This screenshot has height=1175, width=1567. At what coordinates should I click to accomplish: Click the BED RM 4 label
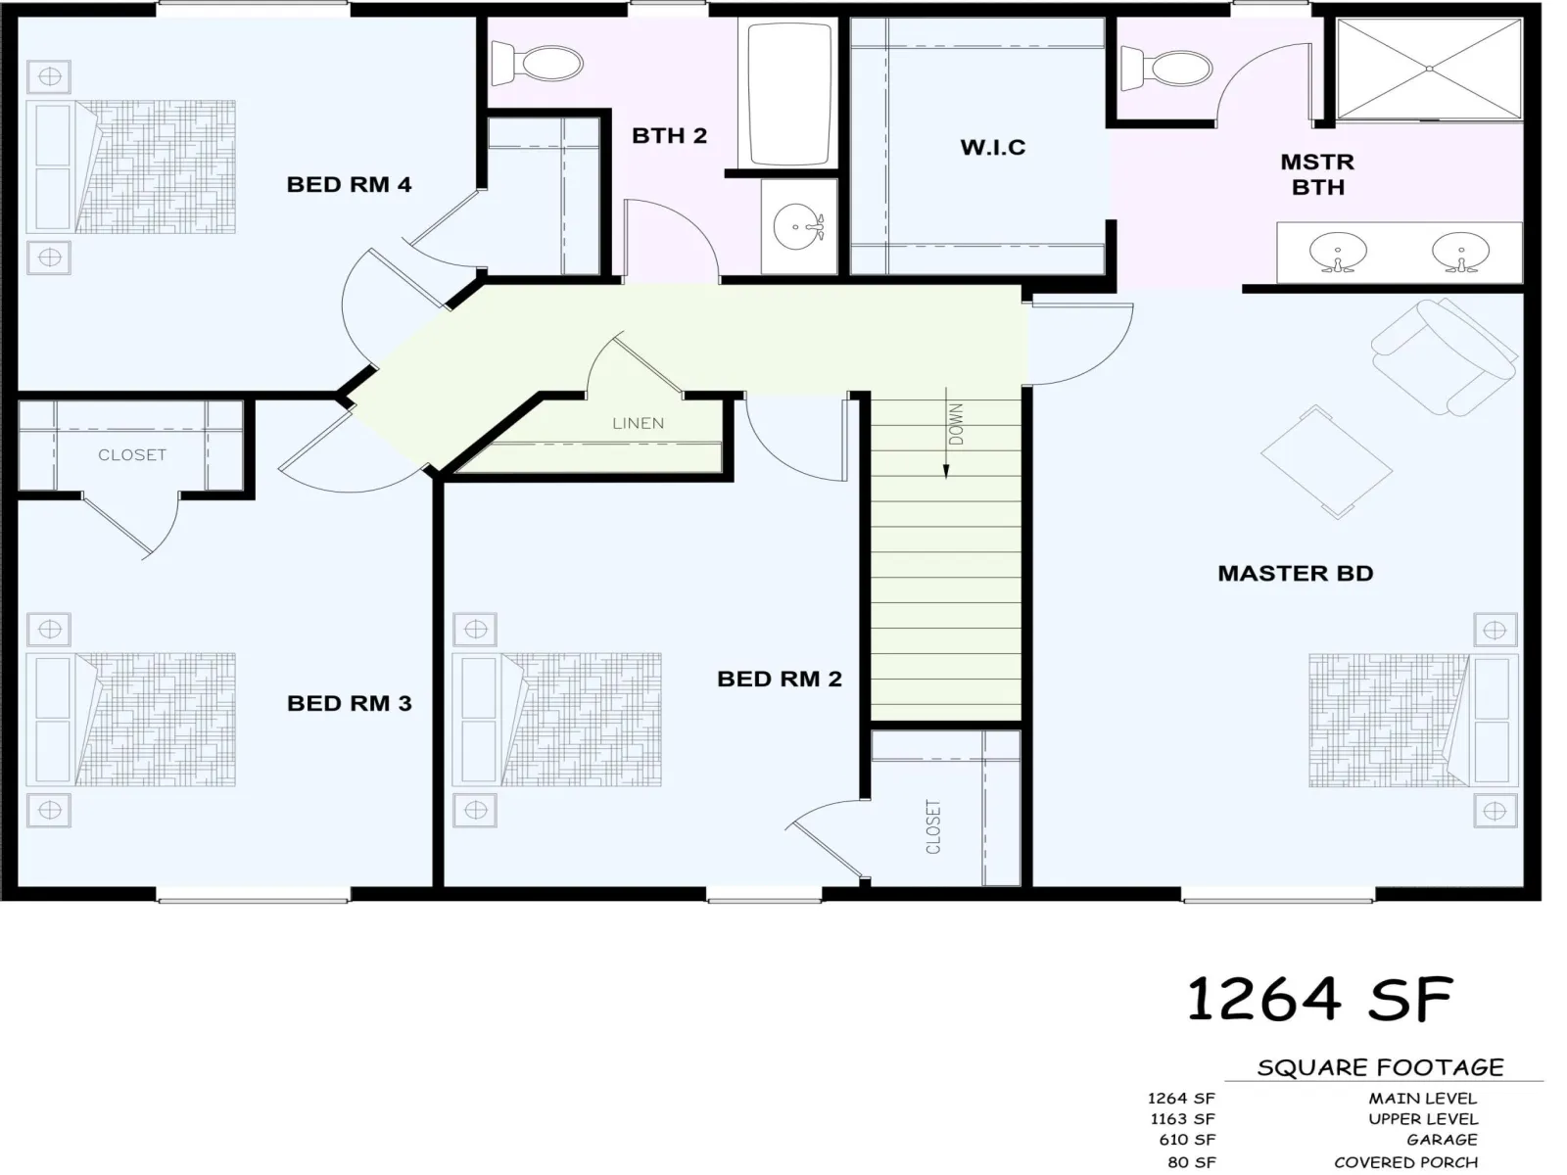coord(349,185)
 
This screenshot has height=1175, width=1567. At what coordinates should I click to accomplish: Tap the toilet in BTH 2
coord(537,63)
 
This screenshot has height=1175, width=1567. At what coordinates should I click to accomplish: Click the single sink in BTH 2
coord(799,226)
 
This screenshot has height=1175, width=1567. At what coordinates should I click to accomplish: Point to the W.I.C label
coord(993,148)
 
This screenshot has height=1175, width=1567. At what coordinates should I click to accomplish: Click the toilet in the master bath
coord(1166,69)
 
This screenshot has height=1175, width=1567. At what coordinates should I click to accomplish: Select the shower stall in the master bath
coord(1429,69)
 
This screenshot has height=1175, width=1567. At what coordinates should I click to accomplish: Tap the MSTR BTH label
coord(1318,175)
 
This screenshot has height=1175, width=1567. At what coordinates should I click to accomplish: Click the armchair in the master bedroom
coord(1444,356)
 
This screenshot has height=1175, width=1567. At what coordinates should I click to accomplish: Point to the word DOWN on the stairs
coord(957,424)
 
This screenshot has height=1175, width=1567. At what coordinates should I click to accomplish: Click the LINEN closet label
coord(639,424)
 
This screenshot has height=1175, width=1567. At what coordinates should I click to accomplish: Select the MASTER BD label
coord(1295,574)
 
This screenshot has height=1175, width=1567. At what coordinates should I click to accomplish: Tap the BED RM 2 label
coord(780,679)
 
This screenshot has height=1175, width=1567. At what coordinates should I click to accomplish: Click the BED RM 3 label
coord(349,703)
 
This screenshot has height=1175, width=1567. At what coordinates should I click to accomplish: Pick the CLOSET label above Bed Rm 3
coord(132,455)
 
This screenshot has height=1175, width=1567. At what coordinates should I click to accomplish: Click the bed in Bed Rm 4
coord(130,166)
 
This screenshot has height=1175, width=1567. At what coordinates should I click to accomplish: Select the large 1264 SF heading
coord(1319,1000)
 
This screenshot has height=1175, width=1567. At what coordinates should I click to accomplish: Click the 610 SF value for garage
coord(1186,1140)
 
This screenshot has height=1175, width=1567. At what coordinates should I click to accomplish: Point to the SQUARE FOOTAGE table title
coord(1381,1068)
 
